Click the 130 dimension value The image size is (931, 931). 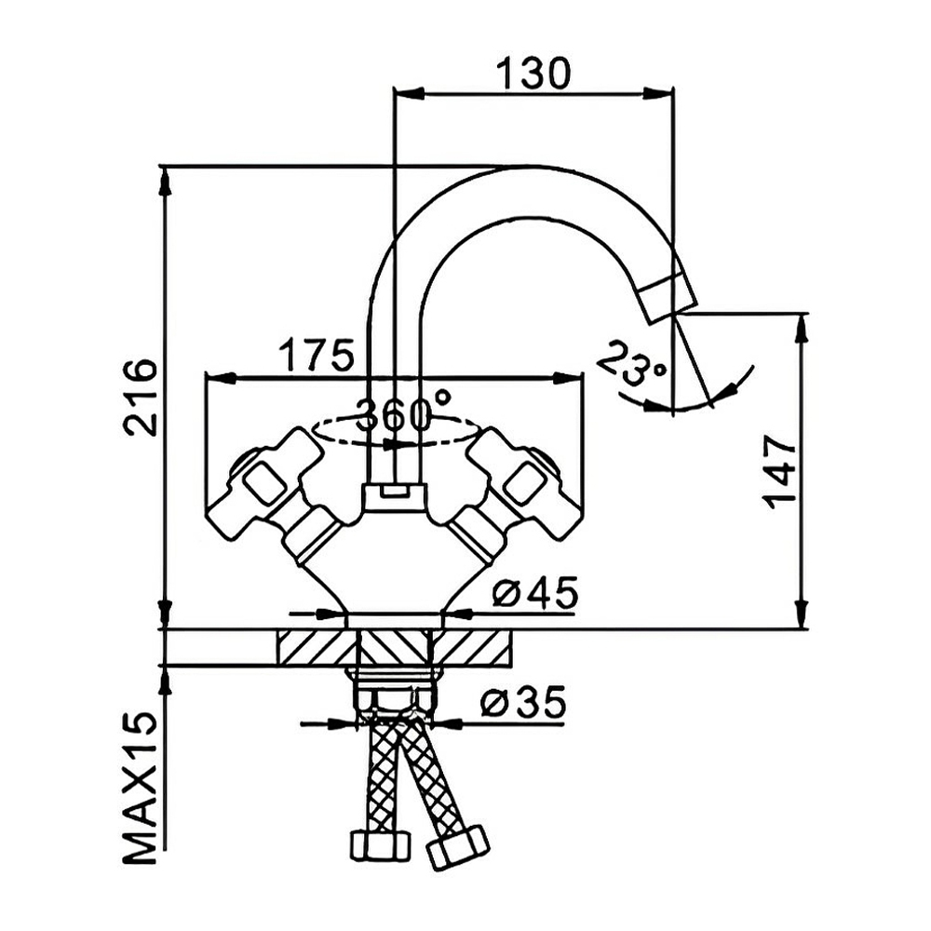click(533, 74)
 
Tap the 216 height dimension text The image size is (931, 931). click(141, 398)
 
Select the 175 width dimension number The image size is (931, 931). click(317, 355)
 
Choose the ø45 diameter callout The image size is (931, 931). click(535, 592)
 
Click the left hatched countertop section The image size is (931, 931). click(317, 647)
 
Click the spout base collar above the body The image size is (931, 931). click(395, 497)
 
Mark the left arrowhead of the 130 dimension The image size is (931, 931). click(410, 93)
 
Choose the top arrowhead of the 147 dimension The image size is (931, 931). click(802, 329)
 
